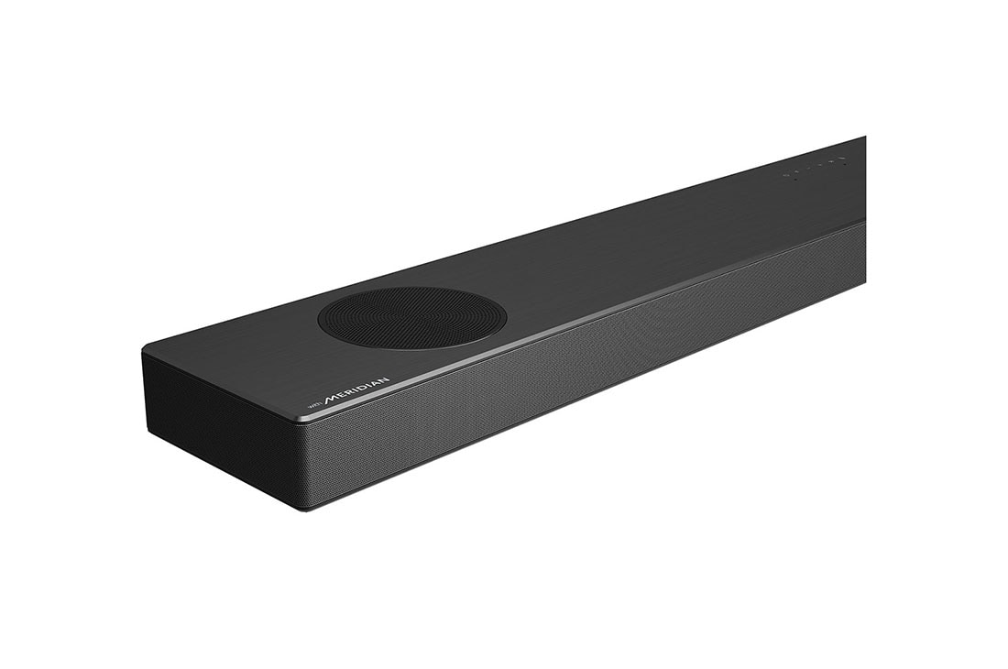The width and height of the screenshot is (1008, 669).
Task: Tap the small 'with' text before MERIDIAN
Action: point(313,406)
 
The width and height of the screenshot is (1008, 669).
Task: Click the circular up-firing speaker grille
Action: point(411,318)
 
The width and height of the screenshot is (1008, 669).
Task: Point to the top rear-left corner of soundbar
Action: point(144,351)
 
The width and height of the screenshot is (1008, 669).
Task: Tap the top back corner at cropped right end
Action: point(864,137)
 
